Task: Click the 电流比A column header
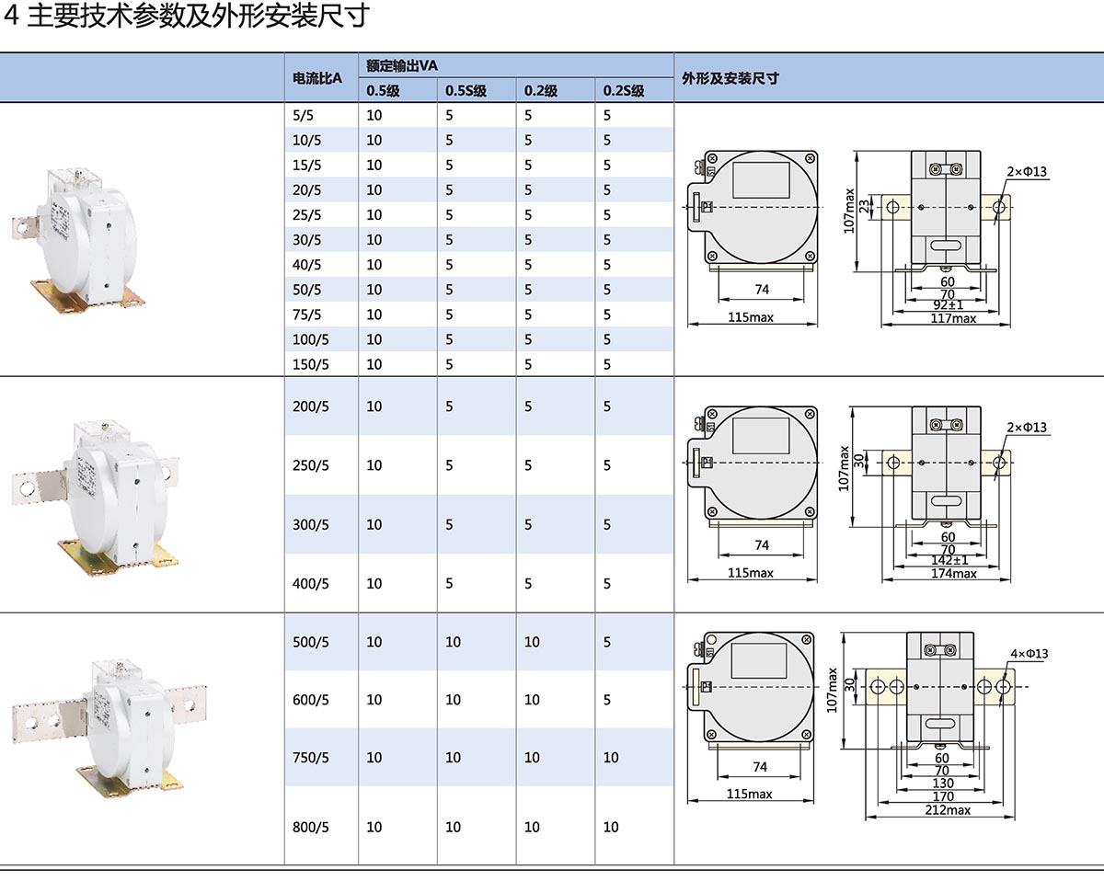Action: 316,78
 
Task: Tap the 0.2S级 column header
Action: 623,90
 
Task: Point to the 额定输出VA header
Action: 401,65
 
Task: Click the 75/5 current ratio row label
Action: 306,315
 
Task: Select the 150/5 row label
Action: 310,364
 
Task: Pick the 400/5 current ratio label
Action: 310,583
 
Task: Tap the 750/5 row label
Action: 310,757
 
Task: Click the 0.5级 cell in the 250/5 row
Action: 374,465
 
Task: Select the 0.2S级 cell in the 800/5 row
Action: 611,827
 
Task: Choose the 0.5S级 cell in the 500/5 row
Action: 453,642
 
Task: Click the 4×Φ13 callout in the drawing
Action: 1029,654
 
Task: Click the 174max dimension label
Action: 953,573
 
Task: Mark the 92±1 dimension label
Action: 948,305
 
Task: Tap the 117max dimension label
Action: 953,318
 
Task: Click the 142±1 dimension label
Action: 949,560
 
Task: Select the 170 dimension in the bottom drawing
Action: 943,796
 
